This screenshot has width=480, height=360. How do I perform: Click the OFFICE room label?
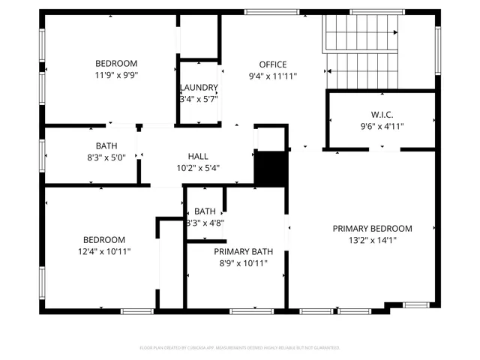coord(273,64)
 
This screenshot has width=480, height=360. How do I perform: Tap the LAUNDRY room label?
coord(199,87)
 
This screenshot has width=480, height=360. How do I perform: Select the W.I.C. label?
coord(382,115)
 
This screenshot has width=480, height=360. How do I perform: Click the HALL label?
coord(198,157)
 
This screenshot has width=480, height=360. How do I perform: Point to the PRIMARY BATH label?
coord(243,252)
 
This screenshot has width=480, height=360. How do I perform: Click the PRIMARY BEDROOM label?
coord(373,229)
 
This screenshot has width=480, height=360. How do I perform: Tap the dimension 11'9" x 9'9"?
coord(115,76)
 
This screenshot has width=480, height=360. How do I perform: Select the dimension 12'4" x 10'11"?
coord(103,252)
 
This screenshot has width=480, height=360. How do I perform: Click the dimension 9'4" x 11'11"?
coord(273,76)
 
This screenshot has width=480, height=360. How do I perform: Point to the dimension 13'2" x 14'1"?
coord(373,241)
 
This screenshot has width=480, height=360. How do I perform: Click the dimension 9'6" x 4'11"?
coord(382,127)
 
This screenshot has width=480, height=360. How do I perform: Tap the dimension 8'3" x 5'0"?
coord(106,157)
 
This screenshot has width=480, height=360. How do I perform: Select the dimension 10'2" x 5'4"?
coord(198,168)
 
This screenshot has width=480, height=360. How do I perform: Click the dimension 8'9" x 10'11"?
coord(243,264)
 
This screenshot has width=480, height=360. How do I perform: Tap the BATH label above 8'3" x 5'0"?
coord(106,145)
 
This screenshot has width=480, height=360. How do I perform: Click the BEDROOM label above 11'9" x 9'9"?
coord(115,64)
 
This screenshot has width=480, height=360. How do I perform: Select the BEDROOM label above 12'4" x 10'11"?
coord(103,240)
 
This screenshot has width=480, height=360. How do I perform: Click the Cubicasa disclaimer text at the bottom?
coord(240,348)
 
